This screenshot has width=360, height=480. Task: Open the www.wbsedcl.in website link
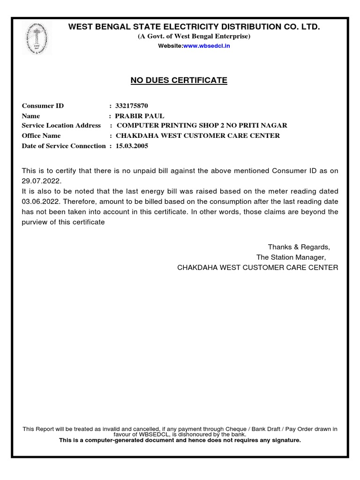pyautogui.click(x=206, y=46)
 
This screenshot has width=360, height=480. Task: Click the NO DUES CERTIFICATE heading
pyautogui.click(x=179, y=80)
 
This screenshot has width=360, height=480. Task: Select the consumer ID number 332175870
pyautogui.click(x=132, y=105)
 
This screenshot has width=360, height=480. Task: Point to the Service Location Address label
pyautogui.click(x=61, y=126)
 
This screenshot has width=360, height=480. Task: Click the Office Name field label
pyautogui.click(x=41, y=136)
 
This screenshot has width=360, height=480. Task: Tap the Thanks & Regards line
pyautogui.click(x=299, y=247)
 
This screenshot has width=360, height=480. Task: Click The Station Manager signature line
pyautogui.click(x=291, y=257)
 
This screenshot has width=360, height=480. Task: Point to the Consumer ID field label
pyautogui.click(x=43, y=105)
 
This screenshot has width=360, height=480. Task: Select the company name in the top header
pyautogui.click(x=194, y=27)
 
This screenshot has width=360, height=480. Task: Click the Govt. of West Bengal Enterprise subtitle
pyautogui.click(x=194, y=37)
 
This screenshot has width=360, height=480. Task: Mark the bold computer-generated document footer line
pyautogui.click(x=180, y=440)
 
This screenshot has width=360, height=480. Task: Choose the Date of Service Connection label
pyautogui.click(x=64, y=146)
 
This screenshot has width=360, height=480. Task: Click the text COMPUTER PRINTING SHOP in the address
pyautogui.click(x=164, y=126)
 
